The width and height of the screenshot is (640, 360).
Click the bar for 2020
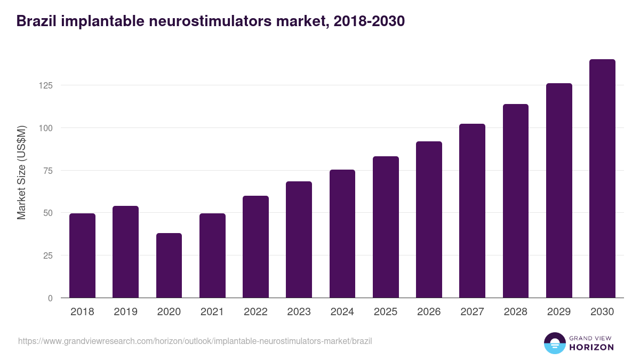169,266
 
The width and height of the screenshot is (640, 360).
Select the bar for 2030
602,179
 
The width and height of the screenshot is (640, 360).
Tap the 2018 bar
82,255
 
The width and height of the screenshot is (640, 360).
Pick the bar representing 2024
342,234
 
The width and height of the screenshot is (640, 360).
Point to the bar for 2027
472,211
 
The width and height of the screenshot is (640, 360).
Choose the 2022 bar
255,247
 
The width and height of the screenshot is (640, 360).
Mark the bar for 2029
559,190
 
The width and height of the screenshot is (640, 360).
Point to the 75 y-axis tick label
47,171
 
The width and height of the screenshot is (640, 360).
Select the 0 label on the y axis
50,298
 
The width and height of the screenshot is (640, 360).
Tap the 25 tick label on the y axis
47,255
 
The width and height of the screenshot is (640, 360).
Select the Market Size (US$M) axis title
21,172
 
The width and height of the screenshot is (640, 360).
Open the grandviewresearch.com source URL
195,341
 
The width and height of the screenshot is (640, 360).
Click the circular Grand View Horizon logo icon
555,343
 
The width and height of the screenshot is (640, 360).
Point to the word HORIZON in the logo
591,347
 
